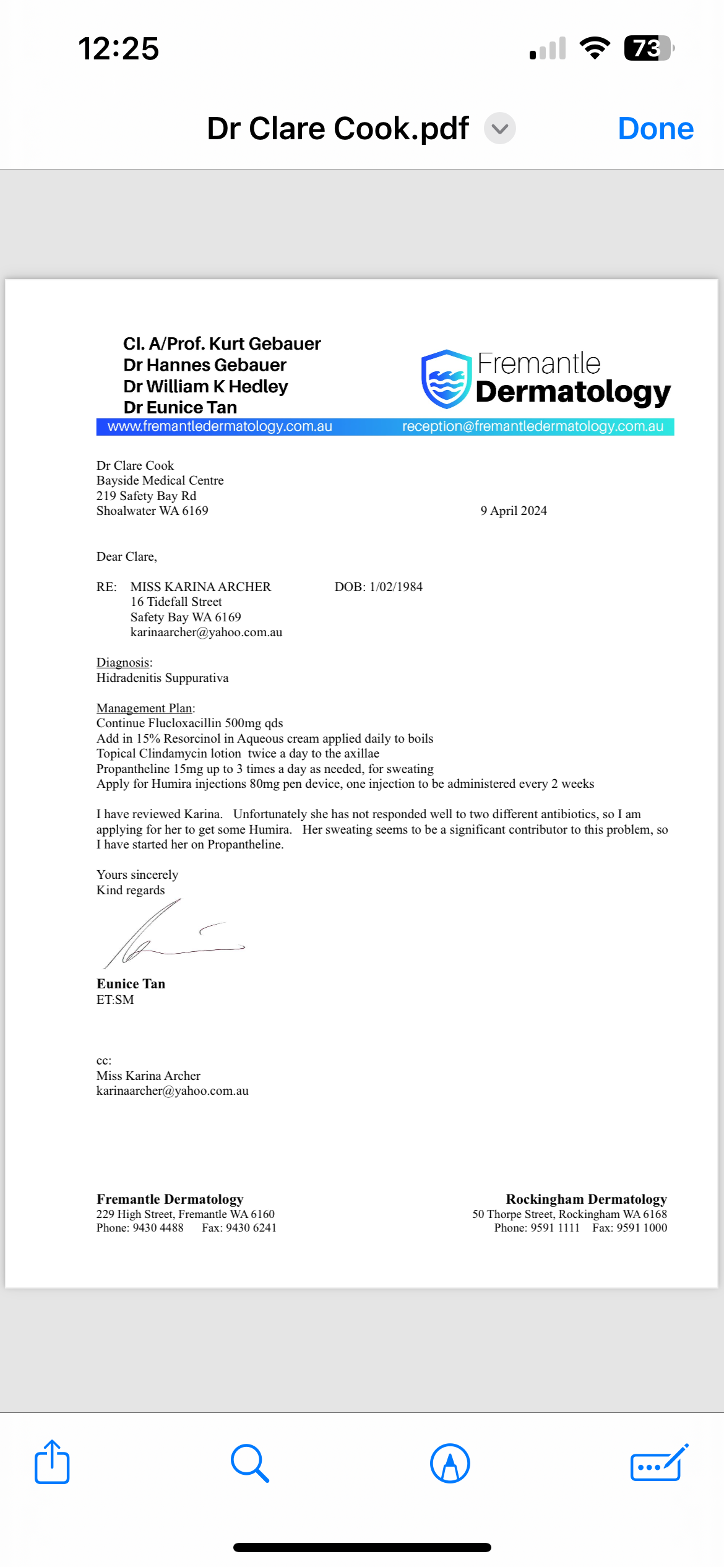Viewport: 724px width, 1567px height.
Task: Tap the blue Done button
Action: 655,129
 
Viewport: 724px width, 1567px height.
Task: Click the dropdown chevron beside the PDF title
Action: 499,129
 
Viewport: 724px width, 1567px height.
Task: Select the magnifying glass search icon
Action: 249,1463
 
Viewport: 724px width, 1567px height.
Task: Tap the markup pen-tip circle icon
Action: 450,1463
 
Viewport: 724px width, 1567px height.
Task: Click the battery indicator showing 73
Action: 647,48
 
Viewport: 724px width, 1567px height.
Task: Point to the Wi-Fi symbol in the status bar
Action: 595,48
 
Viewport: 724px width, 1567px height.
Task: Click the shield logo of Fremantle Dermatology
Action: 446,379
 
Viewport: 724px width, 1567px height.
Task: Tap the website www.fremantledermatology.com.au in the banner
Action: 220,426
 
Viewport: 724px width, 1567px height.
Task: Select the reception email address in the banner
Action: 532,426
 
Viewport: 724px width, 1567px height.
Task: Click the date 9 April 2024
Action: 514,511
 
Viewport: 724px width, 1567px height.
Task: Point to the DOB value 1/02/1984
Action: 396,587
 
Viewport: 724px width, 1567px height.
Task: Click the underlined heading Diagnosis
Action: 123,662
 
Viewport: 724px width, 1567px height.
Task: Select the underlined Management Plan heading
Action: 144,708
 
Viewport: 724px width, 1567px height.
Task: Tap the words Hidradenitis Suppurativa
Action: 162,678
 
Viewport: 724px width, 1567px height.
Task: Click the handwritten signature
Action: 167,935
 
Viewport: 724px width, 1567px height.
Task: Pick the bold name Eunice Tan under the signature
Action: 131,984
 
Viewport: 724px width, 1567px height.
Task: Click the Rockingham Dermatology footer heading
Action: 586,1199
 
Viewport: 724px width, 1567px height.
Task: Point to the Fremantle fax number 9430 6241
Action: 251,1228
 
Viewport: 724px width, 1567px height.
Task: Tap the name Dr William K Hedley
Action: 205,386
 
